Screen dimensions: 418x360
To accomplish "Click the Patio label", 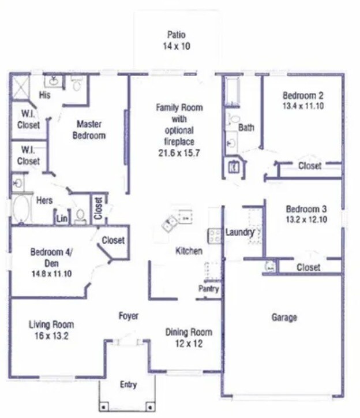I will tap(176, 34).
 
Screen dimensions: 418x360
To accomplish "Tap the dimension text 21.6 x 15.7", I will tap(179, 152).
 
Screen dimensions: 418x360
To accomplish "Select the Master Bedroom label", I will tap(91, 130).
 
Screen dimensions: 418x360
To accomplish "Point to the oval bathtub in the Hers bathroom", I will tap(21, 210).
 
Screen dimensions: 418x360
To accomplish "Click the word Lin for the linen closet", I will tap(61, 218).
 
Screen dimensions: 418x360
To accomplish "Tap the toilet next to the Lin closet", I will tap(81, 217).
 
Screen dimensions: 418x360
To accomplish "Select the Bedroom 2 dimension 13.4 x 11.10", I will tap(302, 106).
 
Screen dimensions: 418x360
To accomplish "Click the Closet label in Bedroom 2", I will tap(309, 166).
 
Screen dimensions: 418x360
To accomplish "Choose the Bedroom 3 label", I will tap(303, 208).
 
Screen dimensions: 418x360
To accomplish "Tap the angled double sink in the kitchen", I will tap(171, 223).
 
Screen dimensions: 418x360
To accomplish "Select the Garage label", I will tap(284, 317).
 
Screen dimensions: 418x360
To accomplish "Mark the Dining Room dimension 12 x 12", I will tap(188, 344).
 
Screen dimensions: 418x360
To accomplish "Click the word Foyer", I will tap(128, 316).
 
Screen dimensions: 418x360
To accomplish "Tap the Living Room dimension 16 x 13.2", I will tap(51, 335).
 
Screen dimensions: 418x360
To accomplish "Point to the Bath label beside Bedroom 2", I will tap(246, 128).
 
